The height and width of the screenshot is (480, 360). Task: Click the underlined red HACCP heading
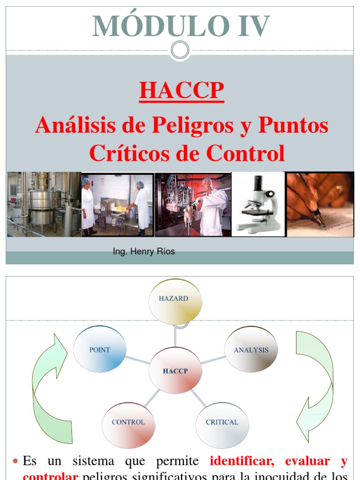click(x=181, y=90)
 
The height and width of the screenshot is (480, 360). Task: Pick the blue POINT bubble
click(x=100, y=350)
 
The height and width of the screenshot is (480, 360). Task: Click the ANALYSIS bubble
click(x=251, y=350)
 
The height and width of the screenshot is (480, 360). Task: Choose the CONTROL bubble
click(x=128, y=422)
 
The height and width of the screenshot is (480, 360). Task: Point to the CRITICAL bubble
click(x=222, y=422)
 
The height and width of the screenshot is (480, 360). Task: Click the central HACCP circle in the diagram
click(x=175, y=371)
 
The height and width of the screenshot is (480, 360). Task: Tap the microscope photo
click(x=259, y=204)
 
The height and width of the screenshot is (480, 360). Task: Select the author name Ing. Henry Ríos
click(x=144, y=252)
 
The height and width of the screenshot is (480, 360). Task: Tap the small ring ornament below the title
click(x=180, y=50)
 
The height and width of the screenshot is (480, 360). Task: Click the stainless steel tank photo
click(x=44, y=204)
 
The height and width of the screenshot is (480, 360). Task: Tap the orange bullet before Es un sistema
click(x=15, y=462)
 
